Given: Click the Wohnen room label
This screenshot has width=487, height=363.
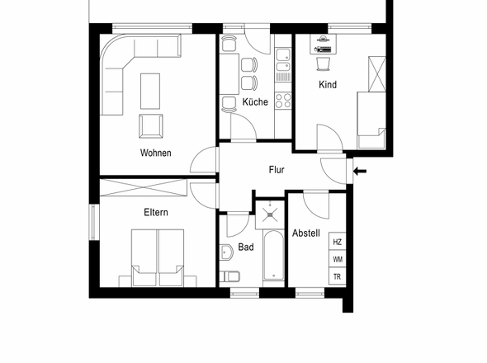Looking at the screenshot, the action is [156, 153].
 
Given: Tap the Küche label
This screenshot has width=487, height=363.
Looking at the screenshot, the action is [255, 101].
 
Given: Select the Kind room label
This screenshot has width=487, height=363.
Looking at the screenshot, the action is [328, 84].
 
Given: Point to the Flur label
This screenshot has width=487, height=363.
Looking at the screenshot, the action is [277, 170].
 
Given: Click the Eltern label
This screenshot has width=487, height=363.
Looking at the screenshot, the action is [156, 212].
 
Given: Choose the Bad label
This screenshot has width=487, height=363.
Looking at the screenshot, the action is [246, 247].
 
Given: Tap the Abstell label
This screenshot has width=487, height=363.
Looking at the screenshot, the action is [306, 233].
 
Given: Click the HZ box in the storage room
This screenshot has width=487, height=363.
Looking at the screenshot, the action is [338, 242].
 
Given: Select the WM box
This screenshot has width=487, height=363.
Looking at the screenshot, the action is [338, 259].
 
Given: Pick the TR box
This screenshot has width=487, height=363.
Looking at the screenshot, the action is [338, 276].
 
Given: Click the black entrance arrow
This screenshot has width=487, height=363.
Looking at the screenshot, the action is [360, 171].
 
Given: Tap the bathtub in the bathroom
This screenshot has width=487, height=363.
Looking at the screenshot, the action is [273, 255].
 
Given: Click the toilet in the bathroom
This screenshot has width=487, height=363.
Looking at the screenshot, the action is [229, 276].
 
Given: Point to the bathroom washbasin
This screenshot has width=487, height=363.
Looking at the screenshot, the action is [226, 252].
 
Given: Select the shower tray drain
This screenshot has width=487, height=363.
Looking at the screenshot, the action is [270, 214].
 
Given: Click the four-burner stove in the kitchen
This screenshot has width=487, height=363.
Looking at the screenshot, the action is [283, 101].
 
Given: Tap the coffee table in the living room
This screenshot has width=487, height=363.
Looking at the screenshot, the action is [150, 92].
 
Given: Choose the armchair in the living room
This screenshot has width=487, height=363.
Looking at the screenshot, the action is [151, 126].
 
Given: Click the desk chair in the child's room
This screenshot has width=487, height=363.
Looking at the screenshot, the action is [324, 64].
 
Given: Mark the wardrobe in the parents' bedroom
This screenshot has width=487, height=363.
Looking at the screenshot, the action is [144, 188].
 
